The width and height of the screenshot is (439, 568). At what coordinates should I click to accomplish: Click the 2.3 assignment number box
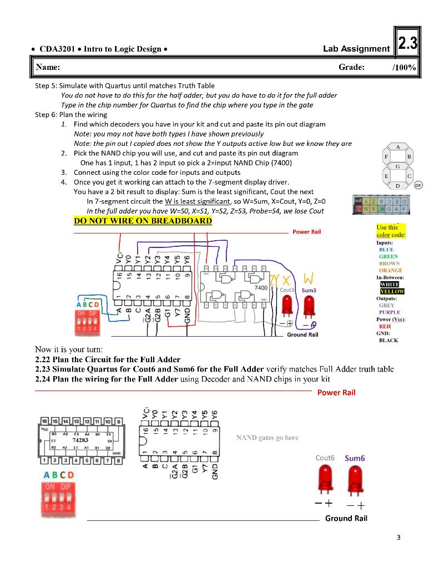(x=407, y=44)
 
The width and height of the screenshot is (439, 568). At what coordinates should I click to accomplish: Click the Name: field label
(x=48, y=67)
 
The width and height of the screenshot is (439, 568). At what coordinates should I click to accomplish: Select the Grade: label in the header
(x=351, y=67)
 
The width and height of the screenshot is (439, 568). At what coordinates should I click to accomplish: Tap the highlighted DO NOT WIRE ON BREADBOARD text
(x=143, y=221)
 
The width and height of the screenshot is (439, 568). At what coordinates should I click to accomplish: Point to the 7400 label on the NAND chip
(x=260, y=288)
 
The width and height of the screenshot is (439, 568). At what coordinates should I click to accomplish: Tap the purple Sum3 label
(x=309, y=290)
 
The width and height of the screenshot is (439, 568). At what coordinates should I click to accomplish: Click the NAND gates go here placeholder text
(x=267, y=438)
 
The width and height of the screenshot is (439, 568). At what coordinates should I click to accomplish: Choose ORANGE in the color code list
(x=390, y=270)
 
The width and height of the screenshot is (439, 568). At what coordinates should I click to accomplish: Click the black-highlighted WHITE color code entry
(x=391, y=284)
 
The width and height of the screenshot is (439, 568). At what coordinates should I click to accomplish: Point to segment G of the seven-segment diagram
(x=397, y=166)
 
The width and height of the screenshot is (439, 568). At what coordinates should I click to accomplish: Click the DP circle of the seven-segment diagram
(x=418, y=186)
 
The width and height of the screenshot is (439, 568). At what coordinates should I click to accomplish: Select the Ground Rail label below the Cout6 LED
(x=346, y=518)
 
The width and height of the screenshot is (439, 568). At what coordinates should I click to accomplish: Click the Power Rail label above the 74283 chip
(x=336, y=392)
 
